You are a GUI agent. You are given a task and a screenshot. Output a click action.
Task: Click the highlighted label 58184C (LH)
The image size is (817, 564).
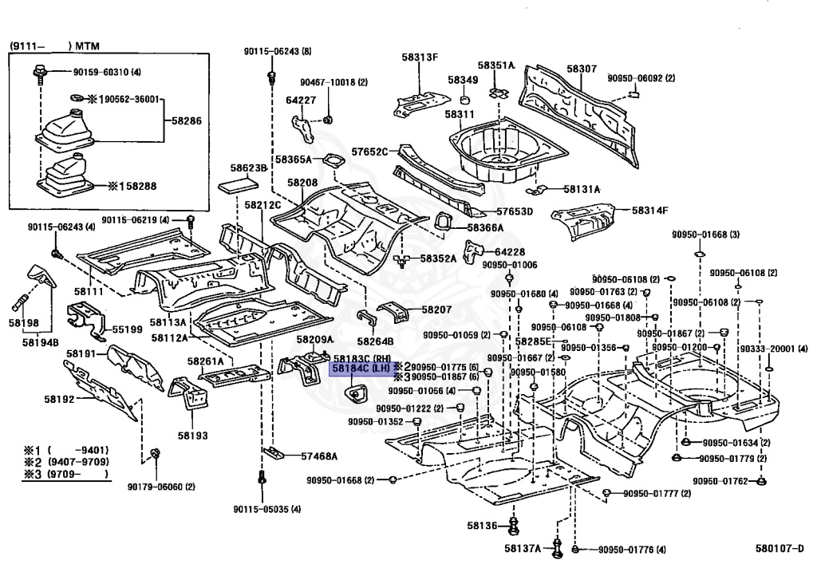tap(361, 369)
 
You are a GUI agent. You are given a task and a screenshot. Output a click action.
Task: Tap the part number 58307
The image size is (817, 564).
tap(582, 69)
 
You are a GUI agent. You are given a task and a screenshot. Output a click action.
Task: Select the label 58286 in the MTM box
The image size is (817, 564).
tap(187, 120)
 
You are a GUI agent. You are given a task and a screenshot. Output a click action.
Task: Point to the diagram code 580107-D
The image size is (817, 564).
tap(779, 548)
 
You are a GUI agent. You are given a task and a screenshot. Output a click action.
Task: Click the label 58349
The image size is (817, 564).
tap(463, 80)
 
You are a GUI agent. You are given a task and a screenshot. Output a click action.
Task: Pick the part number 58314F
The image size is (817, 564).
tap(649, 211)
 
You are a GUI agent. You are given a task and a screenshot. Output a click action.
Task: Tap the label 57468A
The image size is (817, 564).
tap(319, 456)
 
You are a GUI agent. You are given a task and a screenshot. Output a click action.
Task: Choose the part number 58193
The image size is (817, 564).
tap(192, 436)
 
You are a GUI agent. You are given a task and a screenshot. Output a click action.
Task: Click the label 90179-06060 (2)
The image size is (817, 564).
tap(161, 487)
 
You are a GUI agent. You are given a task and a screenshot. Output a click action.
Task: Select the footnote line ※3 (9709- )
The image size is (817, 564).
tap(66, 474)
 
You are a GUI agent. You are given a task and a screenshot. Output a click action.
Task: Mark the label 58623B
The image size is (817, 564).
tap(249, 168)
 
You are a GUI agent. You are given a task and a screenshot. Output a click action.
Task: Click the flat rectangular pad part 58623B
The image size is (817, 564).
tap(237, 185)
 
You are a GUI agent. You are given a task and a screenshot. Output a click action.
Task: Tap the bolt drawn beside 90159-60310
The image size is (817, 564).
tap(40, 73)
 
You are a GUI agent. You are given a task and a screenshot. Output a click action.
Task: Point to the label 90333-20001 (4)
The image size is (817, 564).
tap(774, 349)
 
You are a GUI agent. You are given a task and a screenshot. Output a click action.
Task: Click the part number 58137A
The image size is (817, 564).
tap(523, 548)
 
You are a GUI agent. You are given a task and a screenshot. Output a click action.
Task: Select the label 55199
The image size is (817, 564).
tap(127, 329)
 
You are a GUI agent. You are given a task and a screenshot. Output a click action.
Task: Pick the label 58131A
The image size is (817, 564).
tap(582, 189)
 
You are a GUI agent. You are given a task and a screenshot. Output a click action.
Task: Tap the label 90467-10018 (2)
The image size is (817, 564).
tap(334, 82)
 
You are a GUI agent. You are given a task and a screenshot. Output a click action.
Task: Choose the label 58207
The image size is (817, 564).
tap(436, 310)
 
